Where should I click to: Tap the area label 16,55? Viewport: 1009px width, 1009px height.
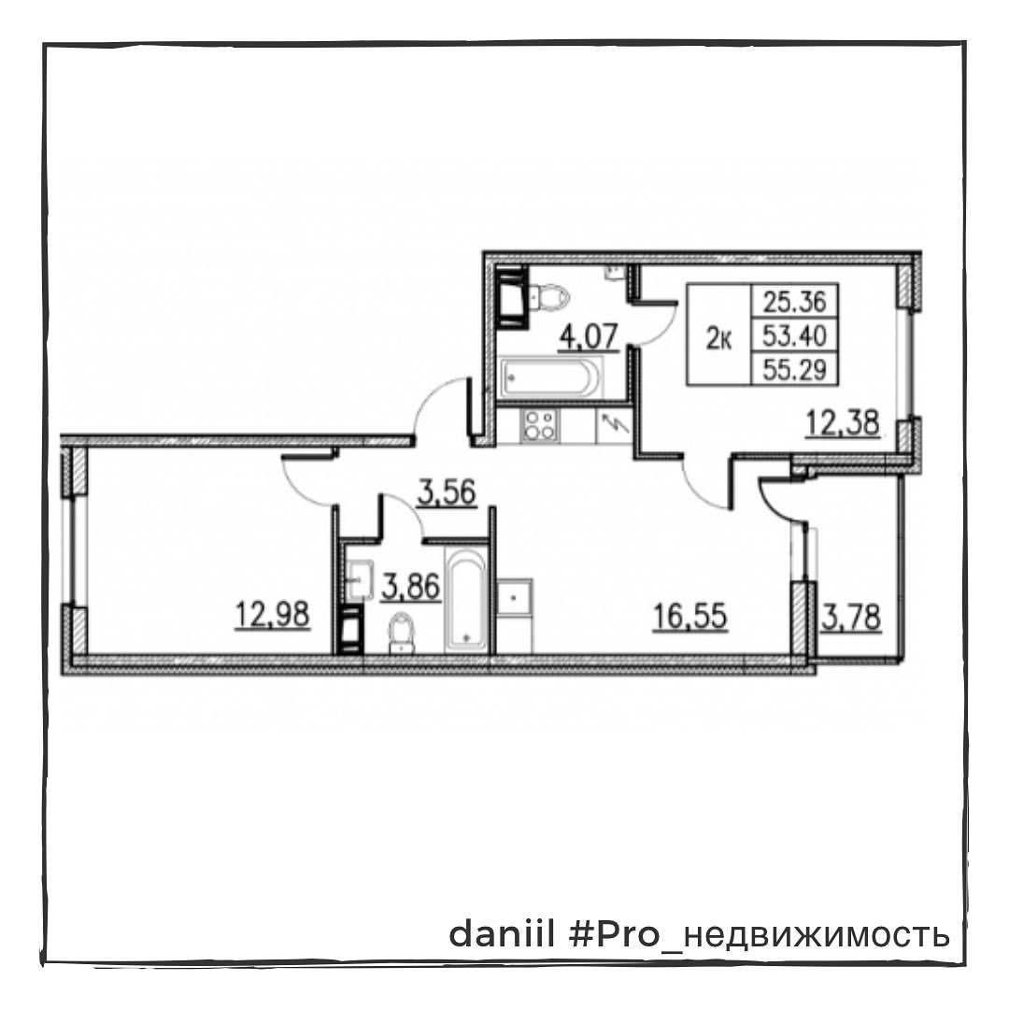[x=690, y=616]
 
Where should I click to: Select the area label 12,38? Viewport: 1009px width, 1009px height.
[x=843, y=423]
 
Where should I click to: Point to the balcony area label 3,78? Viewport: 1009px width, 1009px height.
[x=851, y=618]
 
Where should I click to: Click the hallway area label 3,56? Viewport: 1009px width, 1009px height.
[x=447, y=493]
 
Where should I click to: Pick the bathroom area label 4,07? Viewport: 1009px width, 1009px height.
[x=589, y=336]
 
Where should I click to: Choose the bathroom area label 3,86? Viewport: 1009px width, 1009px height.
[x=410, y=586]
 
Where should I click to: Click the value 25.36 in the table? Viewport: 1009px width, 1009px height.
[x=795, y=301]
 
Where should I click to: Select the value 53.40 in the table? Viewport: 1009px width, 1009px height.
[x=795, y=335]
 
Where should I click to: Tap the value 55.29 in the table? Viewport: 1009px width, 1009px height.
[x=795, y=369]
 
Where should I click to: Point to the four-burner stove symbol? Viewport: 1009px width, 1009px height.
[x=539, y=424]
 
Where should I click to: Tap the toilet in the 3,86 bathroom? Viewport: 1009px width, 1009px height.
[x=402, y=632]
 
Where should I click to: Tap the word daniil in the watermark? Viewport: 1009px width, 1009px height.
[x=501, y=933]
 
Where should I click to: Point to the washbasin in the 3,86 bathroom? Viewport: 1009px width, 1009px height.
[x=360, y=580]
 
